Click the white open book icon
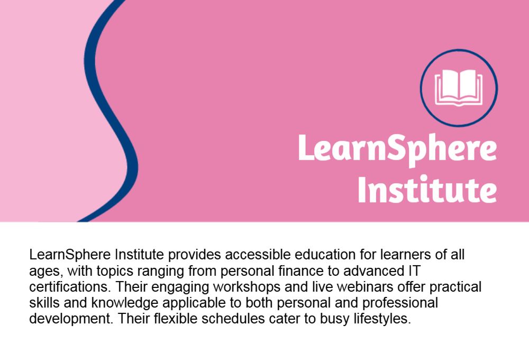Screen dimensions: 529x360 pyautogui.click(x=459, y=88)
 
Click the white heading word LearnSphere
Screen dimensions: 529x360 pyautogui.click(x=397, y=149)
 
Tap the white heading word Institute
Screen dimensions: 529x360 pyautogui.click(x=427, y=189)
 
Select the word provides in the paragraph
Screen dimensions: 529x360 pyautogui.click(x=194, y=255)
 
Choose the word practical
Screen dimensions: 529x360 pyautogui.click(x=455, y=287)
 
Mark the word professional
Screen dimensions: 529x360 pyautogui.click(x=400, y=303)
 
